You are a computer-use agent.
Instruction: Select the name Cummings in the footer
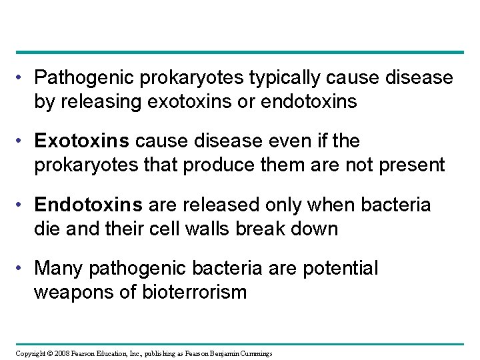pyautogui.click(x=254, y=353)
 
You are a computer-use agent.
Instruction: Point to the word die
pyautogui.click(x=46, y=229)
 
